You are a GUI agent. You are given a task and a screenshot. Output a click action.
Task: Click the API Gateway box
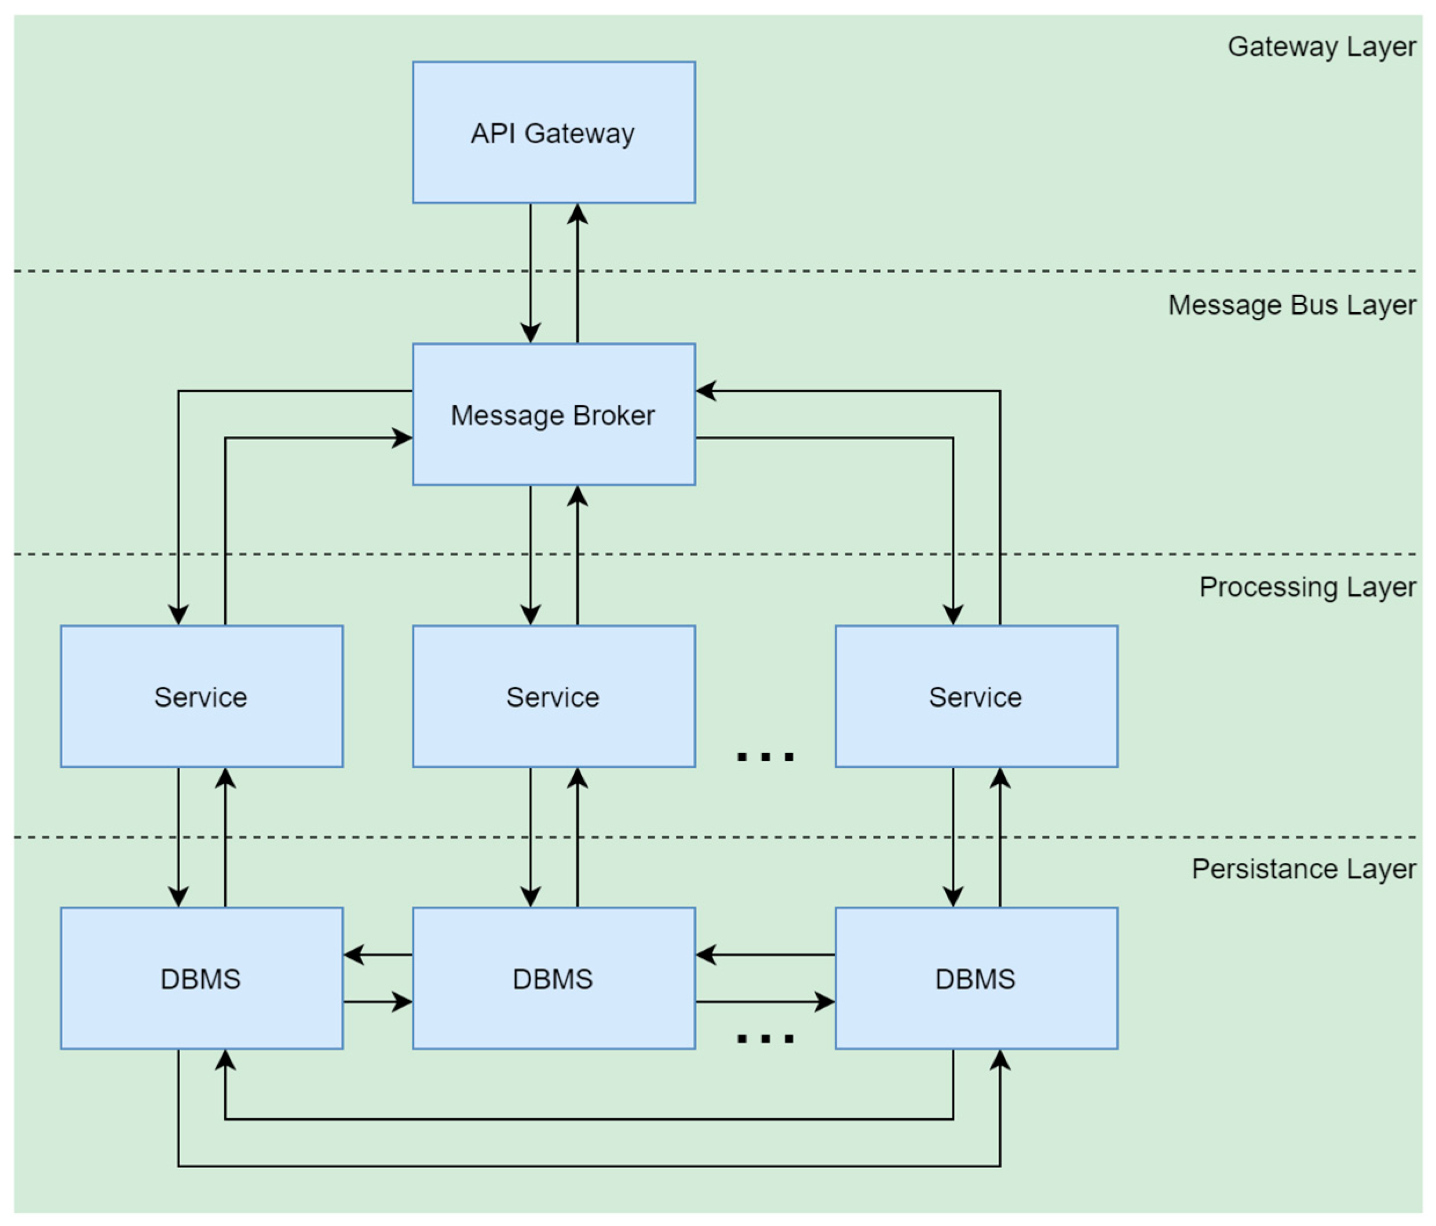(x=553, y=133)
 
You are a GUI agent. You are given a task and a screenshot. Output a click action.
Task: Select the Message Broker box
(x=553, y=415)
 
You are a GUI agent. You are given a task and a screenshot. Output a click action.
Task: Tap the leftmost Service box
(x=201, y=696)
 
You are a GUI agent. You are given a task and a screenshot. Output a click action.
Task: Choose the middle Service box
(x=553, y=696)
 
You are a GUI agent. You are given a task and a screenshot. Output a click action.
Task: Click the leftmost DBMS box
(x=201, y=978)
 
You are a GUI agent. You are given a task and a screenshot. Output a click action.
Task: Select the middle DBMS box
(x=553, y=978)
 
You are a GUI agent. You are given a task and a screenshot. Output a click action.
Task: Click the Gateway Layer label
(x=1321, y=47)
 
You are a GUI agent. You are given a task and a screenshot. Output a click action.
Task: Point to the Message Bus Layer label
(x=1291, y=306)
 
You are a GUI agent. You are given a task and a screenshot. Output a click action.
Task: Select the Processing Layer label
(x=1306, y=587)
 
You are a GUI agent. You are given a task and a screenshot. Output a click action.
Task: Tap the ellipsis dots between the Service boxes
(x=765, y=756)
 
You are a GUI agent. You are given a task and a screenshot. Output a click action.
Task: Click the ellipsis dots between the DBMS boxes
(x=765, y=1038)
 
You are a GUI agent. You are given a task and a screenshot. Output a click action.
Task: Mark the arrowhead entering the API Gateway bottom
(x=578, y=214)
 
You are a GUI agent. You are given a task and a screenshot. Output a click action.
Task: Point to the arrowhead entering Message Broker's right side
(x=706, y=391)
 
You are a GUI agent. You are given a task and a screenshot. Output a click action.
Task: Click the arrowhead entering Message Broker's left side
(x=403, y=438)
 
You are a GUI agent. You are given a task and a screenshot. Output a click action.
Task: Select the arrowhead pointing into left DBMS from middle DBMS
(x=353, y=954)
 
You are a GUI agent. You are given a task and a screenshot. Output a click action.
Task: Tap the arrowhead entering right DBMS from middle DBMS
(x=825, y=1001)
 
